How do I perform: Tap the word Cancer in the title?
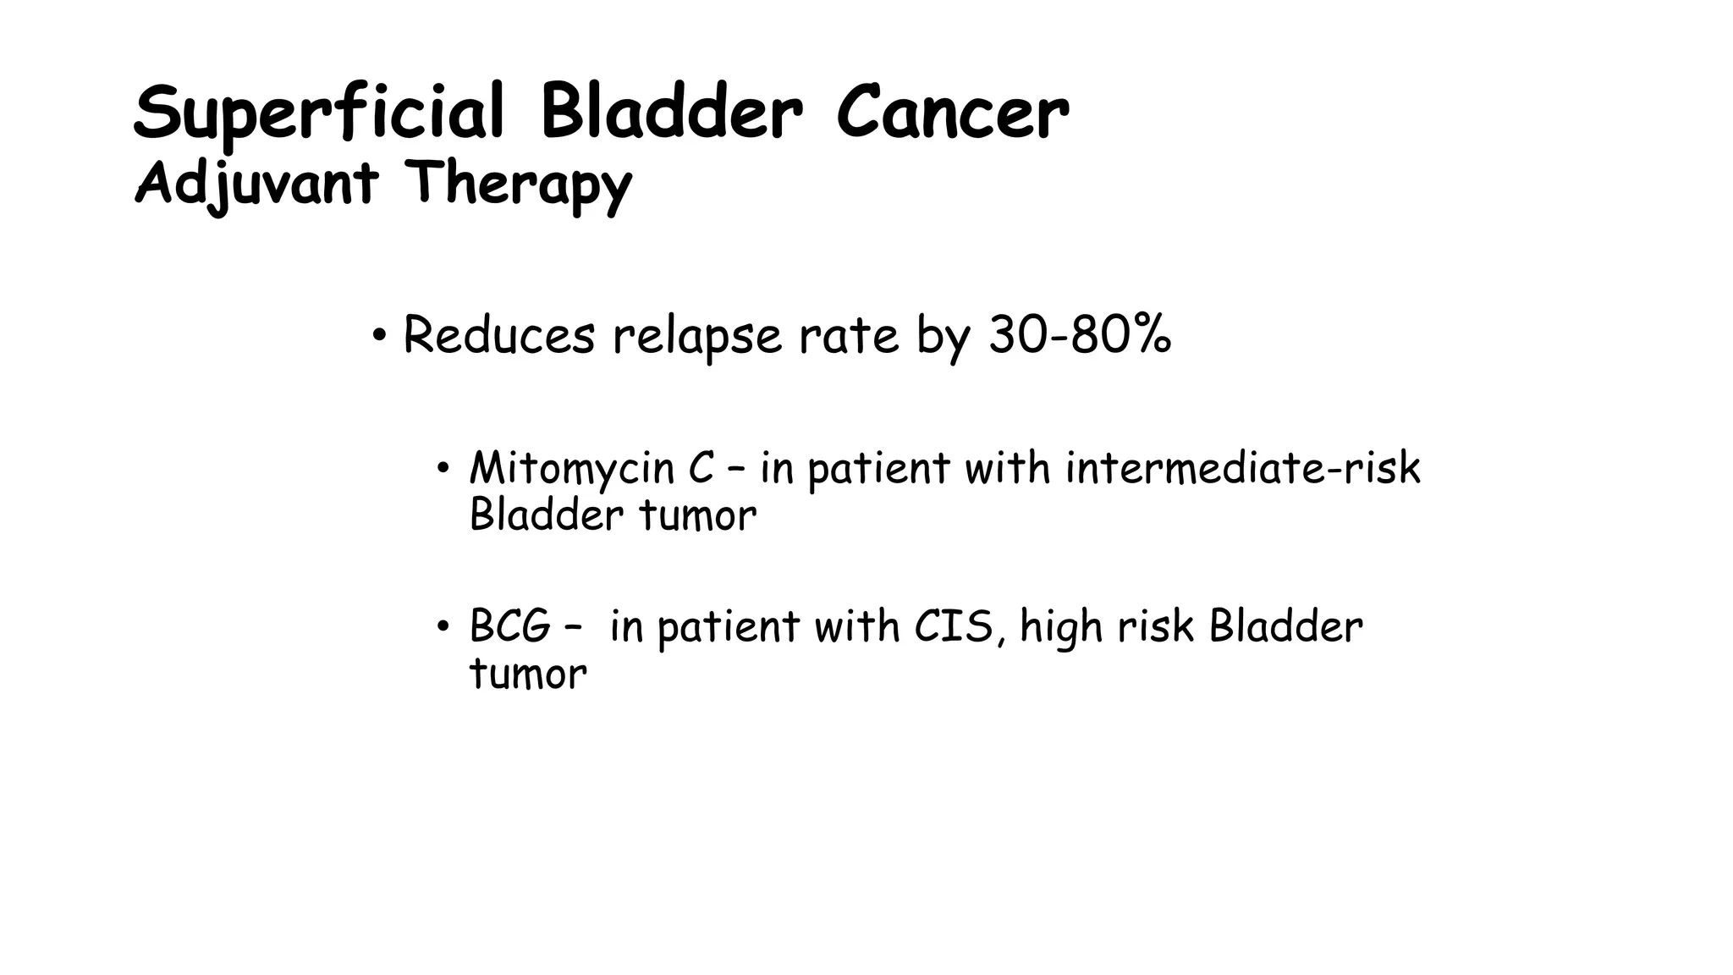(952, 114)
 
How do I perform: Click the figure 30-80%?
(1080, 335)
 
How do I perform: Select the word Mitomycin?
(571, 468)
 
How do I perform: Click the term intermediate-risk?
(1242, 467)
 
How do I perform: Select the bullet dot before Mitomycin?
(442, 468)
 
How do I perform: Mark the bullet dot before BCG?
(442, 627)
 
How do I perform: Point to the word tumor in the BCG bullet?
(527, 675)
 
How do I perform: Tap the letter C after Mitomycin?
(701, 467)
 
